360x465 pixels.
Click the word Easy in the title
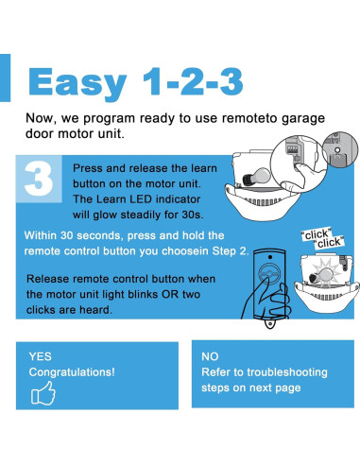tap(77, 83)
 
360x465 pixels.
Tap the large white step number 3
tap(39, 179)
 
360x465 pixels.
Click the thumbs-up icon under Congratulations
tap(43, 393)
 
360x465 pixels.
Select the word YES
tap(40, 356)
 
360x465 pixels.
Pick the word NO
tap(210, 356)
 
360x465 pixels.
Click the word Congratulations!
tap(72, 372)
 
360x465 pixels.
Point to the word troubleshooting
tap(287, 372)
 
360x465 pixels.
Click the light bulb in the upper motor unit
tap(257, 176)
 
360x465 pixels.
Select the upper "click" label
tap(316, 234)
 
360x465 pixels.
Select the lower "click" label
tap(329, 243)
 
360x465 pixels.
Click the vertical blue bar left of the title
tap(5, 77)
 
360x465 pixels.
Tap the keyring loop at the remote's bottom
tap(269, 323)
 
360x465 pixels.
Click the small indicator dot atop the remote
tap(270, 257)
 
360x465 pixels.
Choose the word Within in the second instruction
tap(40, 235)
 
